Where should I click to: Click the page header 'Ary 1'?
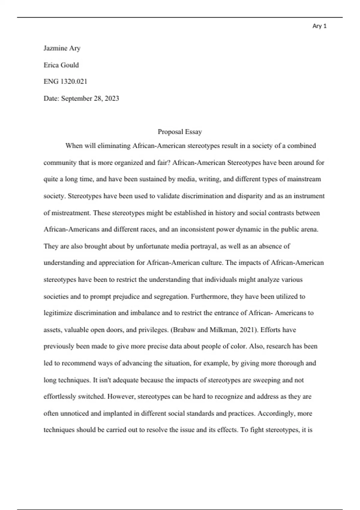(319, 26)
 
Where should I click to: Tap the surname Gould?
(70, 65)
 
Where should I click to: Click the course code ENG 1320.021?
(65, 82)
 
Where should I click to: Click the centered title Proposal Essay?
(180, 132)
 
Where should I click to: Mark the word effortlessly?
(60, 397)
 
